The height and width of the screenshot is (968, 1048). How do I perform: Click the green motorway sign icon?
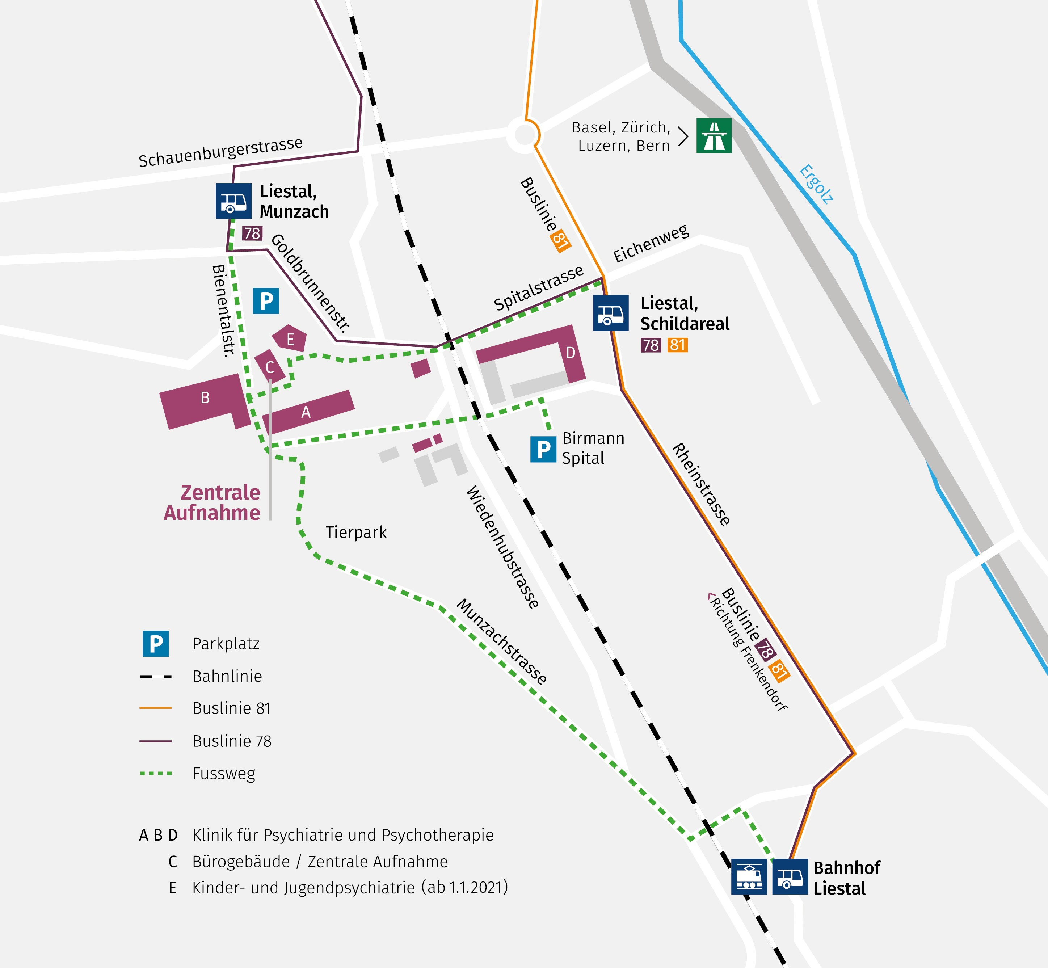click(714, 136)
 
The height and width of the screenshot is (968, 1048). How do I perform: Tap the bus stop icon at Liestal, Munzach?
click(233, 201)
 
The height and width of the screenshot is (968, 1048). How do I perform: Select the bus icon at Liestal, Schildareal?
click(611, 313)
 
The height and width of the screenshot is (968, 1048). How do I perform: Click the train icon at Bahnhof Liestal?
click(749, 876)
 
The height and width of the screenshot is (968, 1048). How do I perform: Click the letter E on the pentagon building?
click(290, 340)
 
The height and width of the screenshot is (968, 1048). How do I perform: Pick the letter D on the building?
click(571, 353)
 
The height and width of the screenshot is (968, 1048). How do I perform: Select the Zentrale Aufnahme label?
click(212, 502)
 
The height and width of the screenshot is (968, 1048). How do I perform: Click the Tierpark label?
click(356, 532)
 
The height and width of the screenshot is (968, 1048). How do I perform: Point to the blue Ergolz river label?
click(816, 184)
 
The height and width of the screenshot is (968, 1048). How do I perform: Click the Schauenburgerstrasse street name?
click(220, 152)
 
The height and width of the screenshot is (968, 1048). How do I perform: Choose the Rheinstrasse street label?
click(701, 484)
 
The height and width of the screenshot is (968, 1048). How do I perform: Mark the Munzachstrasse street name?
click(502, 641)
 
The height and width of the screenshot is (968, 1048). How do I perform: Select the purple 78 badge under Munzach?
click(252, 233)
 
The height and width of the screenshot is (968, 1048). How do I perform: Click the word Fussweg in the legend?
click(224, 773)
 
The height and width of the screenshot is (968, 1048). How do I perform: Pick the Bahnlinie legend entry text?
click(227, 676)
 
